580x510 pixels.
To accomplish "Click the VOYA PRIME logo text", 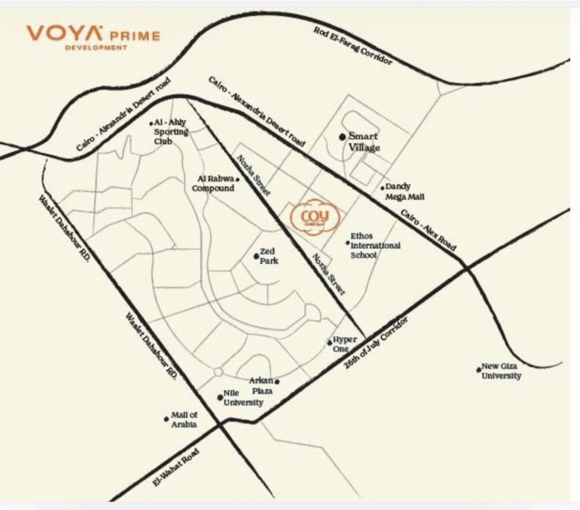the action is (x=92, y=34).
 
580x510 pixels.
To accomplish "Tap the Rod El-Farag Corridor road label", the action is (x=352, y=45).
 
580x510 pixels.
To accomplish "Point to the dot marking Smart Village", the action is (x=342, y=137).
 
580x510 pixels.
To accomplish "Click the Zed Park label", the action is (x=267, y=257).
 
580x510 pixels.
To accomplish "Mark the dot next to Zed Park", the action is (x=256, y=257).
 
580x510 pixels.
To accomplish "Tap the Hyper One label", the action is (x=344, y=344).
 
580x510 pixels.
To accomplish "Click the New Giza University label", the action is (x=501, y=371).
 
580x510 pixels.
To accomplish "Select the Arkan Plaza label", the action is (x=261, y=386).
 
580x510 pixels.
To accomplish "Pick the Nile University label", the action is (x=243, y=398).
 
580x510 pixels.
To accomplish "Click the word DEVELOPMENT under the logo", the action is (x=96, y=48).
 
